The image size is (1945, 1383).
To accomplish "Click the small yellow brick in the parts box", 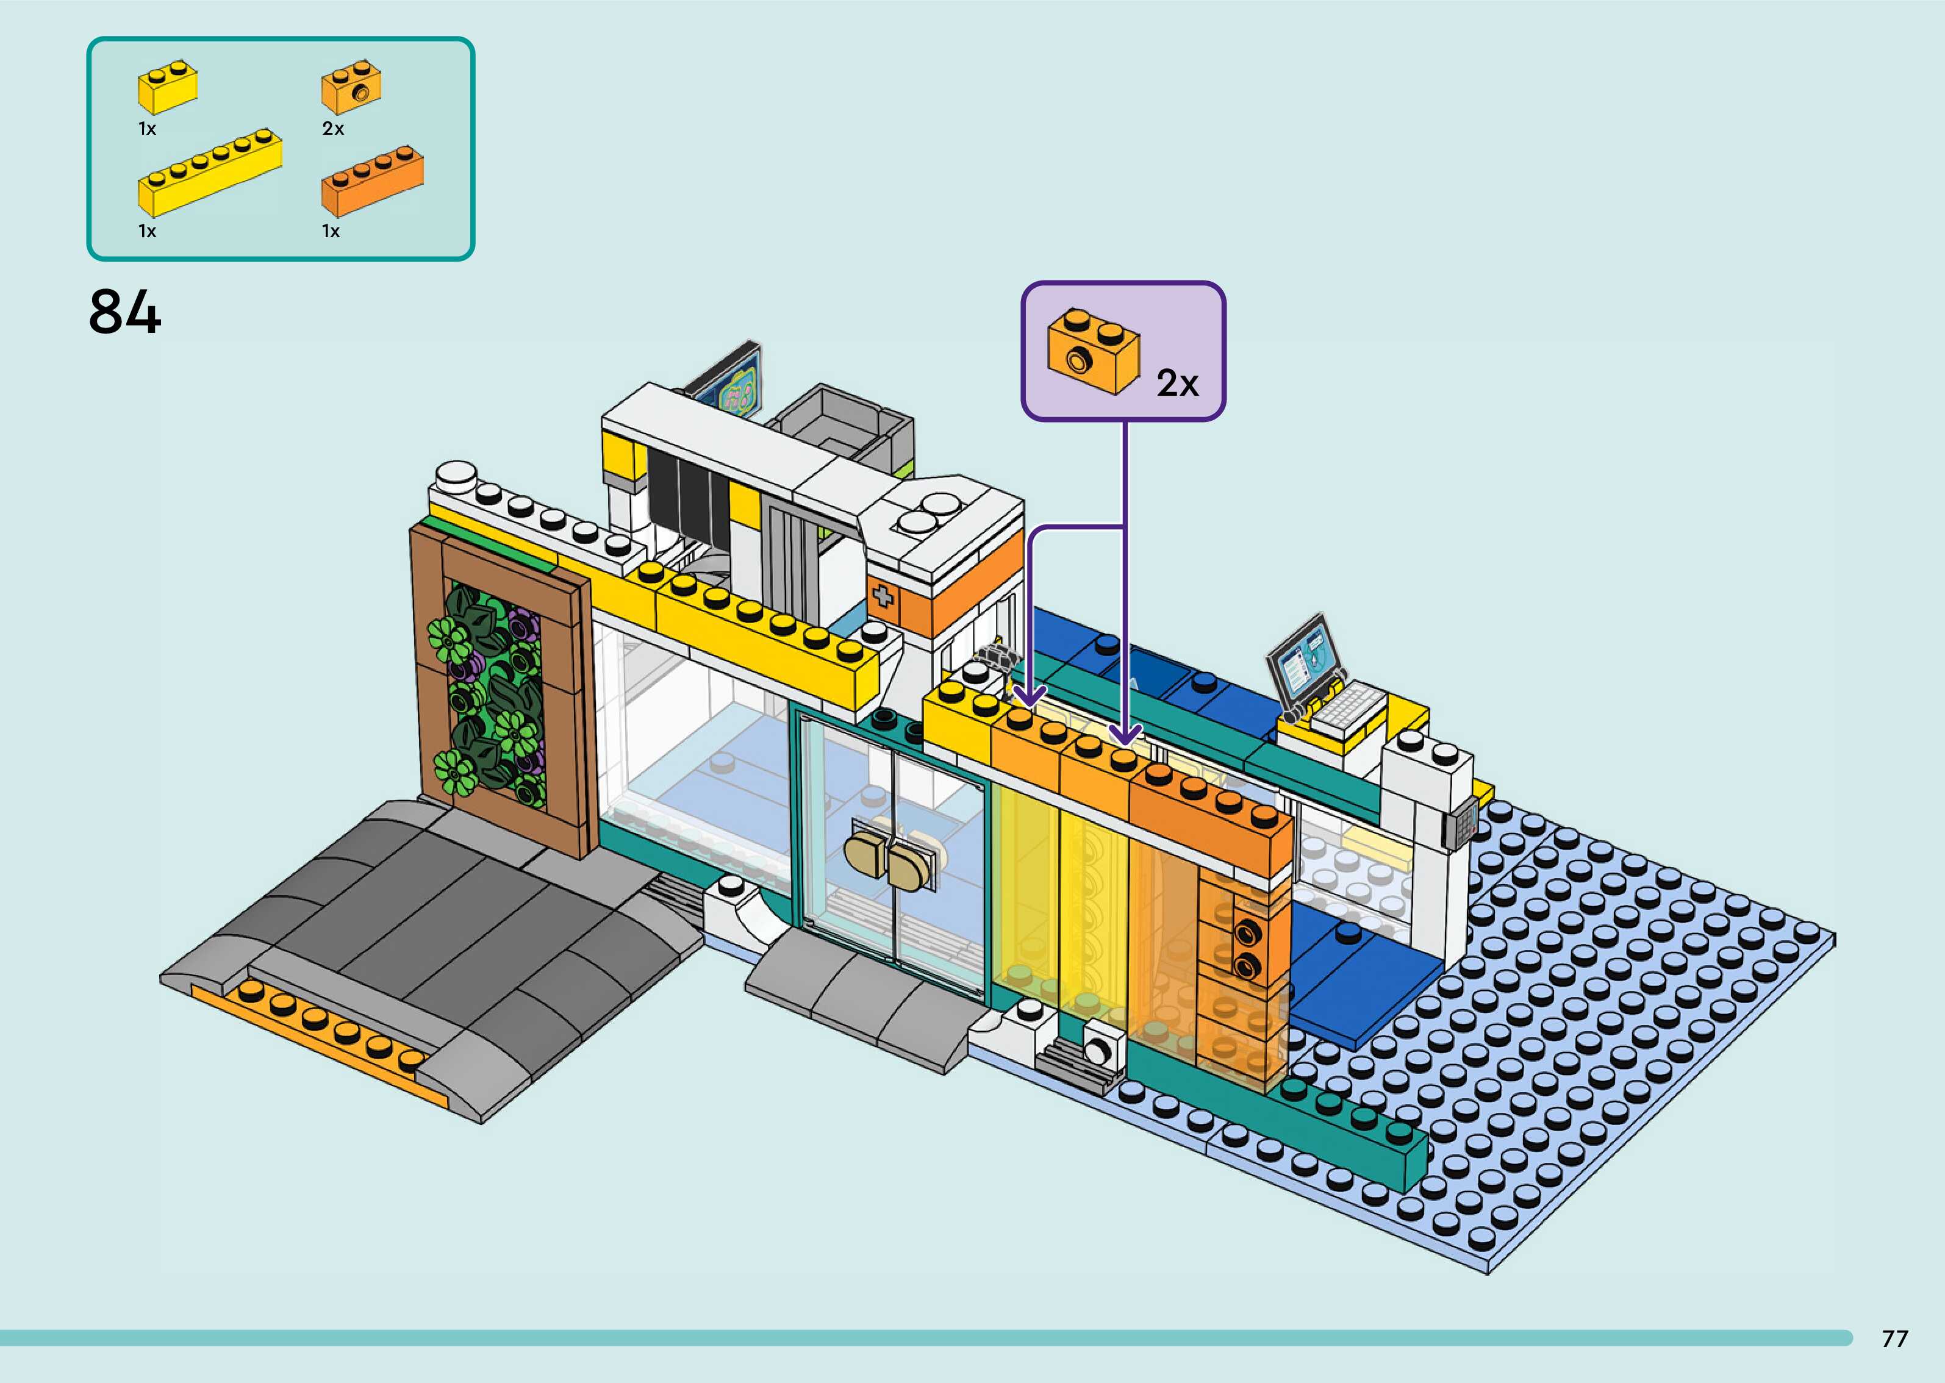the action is coord(168,88).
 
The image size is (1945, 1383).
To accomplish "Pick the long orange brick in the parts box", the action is coord(372,181).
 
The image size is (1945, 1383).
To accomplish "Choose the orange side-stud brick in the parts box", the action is coord(351,88).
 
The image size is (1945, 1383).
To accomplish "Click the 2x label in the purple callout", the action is coord(1177,383).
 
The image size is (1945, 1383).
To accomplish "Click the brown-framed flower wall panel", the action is coord(500,690).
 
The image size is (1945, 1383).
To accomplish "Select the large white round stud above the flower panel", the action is coord(456,475).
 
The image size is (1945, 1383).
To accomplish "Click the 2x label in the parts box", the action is coord(333,129).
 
